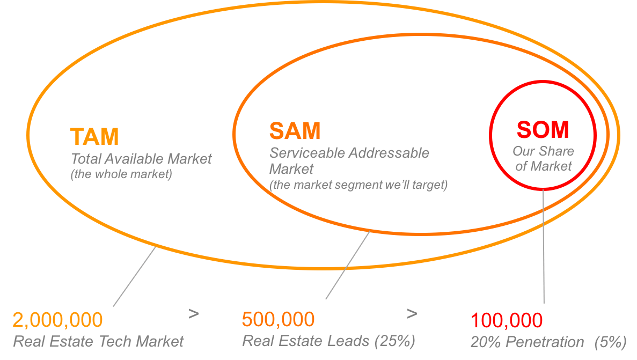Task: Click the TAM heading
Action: point(94,137)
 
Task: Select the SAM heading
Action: point(295,131)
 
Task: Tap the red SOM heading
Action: point(543,130)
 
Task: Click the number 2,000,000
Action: point(57,320)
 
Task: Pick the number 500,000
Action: point(278,320)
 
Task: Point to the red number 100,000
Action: point(507,321)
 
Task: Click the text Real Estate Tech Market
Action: point(98,341)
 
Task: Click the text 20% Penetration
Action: point(527,342)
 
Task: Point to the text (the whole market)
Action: point(121,175)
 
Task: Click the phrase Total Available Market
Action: point(141,159)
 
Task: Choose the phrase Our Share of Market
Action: point(543,159)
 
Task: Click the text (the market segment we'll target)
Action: point(358,185)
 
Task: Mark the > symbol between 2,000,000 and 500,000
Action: point(194,313)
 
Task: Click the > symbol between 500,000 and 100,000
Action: point(412,313)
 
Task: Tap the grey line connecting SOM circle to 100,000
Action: point(543,247)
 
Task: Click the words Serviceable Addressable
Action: point(349,153)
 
